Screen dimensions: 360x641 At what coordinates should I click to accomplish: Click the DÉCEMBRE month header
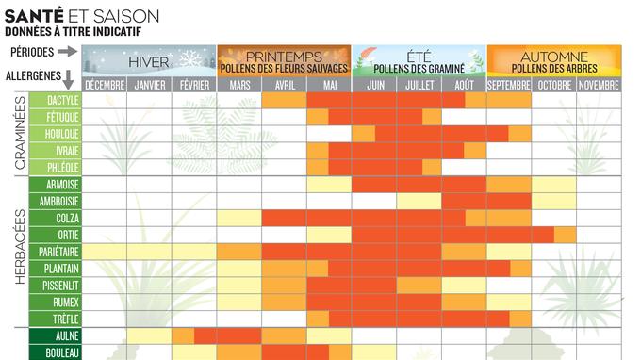click(104, 85)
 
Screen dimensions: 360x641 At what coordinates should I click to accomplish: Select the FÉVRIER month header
click(194, 85)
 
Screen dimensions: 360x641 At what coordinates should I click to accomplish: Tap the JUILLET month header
click(419, 85)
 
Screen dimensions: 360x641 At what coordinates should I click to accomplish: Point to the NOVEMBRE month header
click(599, 85)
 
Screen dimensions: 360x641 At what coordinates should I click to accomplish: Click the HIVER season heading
click(148, 61)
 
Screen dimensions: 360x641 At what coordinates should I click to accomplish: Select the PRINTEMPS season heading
click(284, 57)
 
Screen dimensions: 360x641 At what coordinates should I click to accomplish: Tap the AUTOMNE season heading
click(554, 57)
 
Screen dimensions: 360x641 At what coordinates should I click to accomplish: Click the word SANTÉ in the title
click(32, 16)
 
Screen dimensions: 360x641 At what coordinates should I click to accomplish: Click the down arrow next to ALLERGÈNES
click(69, 78)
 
